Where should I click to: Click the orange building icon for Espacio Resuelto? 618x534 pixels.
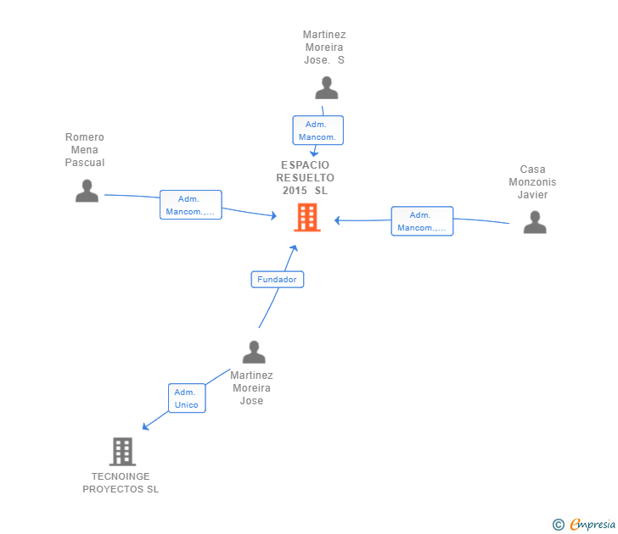306,218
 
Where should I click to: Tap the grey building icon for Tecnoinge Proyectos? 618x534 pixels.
122,452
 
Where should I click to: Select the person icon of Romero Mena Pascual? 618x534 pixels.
87,191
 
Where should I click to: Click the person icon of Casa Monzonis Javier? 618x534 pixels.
534,222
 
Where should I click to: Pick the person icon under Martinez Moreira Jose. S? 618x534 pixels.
326,88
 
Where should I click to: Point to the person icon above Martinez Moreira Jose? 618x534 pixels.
253,352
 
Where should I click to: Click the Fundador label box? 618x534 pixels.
277,279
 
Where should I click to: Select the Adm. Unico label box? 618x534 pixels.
186,398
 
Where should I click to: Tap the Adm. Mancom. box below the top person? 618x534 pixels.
318,131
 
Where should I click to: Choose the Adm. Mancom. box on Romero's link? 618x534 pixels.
191,205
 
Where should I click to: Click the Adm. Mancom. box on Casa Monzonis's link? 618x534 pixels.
422,221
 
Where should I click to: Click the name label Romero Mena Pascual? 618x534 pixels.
85,150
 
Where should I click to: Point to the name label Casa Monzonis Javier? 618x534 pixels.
533,182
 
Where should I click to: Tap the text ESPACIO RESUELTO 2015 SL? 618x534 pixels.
306,178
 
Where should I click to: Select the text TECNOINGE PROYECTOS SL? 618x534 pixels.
121,483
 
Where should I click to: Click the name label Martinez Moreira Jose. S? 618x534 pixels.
324,47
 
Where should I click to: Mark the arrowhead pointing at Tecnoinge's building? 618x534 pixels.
146,426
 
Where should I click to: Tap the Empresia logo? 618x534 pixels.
593,525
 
